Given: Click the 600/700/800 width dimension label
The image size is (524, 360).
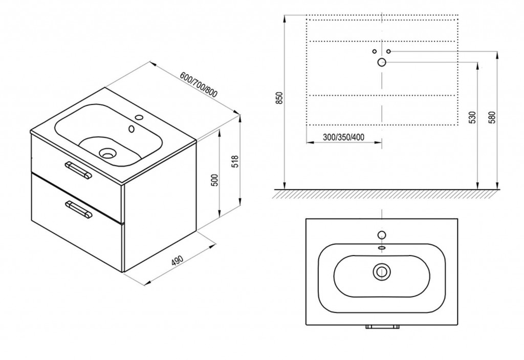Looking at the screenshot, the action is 199,84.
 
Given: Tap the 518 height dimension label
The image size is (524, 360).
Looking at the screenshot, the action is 235,161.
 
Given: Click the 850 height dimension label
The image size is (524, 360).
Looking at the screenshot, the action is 280,97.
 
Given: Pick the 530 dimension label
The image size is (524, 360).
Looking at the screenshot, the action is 471,117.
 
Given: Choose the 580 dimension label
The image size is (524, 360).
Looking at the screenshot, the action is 491,117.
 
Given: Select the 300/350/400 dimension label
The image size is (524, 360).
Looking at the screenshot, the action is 343,137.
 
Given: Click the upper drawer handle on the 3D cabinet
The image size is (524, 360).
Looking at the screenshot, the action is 77,171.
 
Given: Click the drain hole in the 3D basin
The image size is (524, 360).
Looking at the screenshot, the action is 108,153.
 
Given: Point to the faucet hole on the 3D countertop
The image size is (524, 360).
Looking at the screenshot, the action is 139,118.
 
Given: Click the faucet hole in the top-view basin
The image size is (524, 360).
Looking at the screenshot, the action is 382,235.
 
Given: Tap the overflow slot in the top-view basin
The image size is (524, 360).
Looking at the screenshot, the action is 382,248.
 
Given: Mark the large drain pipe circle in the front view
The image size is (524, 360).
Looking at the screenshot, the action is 382,62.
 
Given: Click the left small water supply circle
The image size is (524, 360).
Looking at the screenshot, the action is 374,51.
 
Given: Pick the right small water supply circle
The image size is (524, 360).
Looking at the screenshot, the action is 389,51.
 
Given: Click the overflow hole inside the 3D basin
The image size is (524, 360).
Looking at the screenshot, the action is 132,129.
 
